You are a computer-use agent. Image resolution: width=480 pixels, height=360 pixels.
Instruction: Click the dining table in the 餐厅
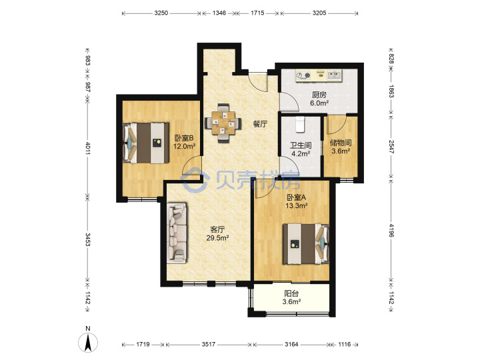tap(223, 123)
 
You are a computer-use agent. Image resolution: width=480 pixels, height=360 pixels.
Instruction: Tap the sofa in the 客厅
tap(177, 233)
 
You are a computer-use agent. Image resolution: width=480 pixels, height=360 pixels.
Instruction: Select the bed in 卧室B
tap(146, 143)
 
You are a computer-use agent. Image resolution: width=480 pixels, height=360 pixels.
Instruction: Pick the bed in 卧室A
tap(306, 244)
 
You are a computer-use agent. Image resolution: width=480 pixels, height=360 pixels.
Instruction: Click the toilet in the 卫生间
tap(300, 124)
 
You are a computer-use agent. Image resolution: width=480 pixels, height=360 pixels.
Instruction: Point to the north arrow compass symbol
tap(88, 341)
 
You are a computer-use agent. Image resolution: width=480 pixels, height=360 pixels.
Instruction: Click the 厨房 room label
tap(319, 95)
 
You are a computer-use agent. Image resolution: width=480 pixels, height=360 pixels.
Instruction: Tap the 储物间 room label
tap(341, 143)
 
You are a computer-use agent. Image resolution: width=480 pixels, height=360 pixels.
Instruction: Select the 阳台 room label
tap(291, 293)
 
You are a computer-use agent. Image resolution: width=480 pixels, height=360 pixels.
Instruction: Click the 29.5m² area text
tap(217, 238)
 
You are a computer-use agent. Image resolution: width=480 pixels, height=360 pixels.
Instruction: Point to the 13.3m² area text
tap(296, 206)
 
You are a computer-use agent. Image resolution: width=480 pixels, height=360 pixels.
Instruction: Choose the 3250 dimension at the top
tap(161, 13)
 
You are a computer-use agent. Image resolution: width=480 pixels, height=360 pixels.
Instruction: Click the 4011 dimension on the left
tap(88, 148)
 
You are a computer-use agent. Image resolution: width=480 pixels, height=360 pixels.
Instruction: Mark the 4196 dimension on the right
tap(391, 231)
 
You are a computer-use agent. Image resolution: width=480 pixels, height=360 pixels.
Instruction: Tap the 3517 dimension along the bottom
tap(208, 345)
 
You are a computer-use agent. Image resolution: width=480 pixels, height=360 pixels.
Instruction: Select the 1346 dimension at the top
tap(219, 13)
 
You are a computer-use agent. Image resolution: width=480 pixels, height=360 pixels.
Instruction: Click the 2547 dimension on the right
tap(391, 147)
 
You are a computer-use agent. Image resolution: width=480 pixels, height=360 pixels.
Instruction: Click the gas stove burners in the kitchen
tap(303, 75)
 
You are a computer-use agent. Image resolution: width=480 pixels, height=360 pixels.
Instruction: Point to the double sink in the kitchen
tap(334, 75)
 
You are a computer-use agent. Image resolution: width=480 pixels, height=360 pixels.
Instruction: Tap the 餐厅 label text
tap(260, 124)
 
